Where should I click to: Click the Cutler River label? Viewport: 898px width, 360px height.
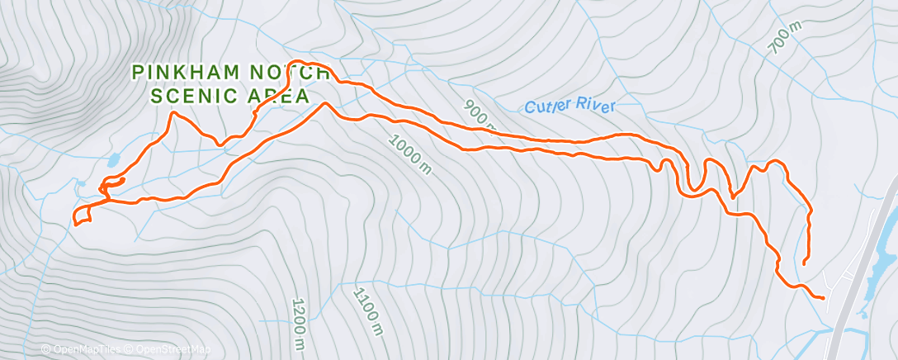(x=570, y=107)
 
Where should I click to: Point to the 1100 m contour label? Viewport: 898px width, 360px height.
(x=368, y=310)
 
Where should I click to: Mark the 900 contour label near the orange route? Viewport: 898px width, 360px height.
(x=478, y=116)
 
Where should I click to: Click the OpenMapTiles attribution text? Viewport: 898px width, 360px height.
(x=83, y=350)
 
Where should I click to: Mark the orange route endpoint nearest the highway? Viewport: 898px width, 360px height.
(x=823, y=297)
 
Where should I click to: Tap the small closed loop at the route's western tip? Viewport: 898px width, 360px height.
(x=81, y=216)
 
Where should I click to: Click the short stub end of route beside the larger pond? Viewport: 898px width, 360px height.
(x=123, y=179)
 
